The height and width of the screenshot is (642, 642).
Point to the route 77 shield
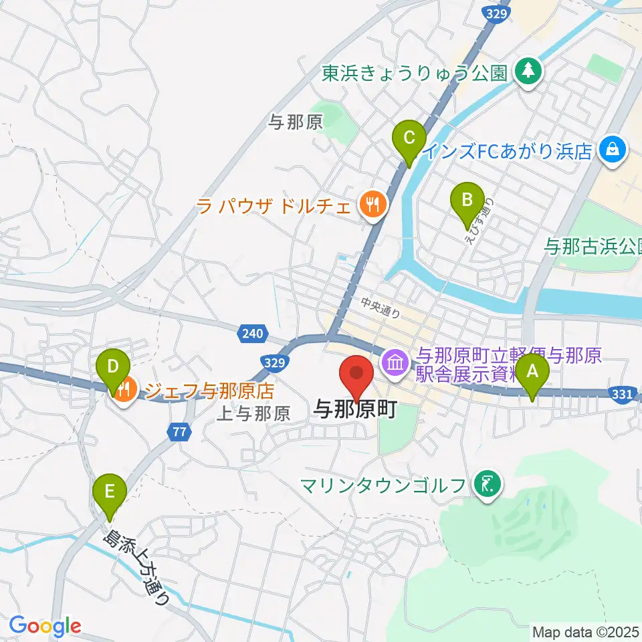coord(177,433)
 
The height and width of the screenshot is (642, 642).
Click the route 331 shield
coord(621,395)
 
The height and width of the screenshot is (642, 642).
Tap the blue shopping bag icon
coord(613,150)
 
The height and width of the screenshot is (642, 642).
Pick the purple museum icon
coord(395,364)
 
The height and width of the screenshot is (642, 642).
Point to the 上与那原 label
coord(253,414)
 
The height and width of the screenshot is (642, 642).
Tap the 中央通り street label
coord(380,310)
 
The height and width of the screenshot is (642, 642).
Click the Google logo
coord(45,627)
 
